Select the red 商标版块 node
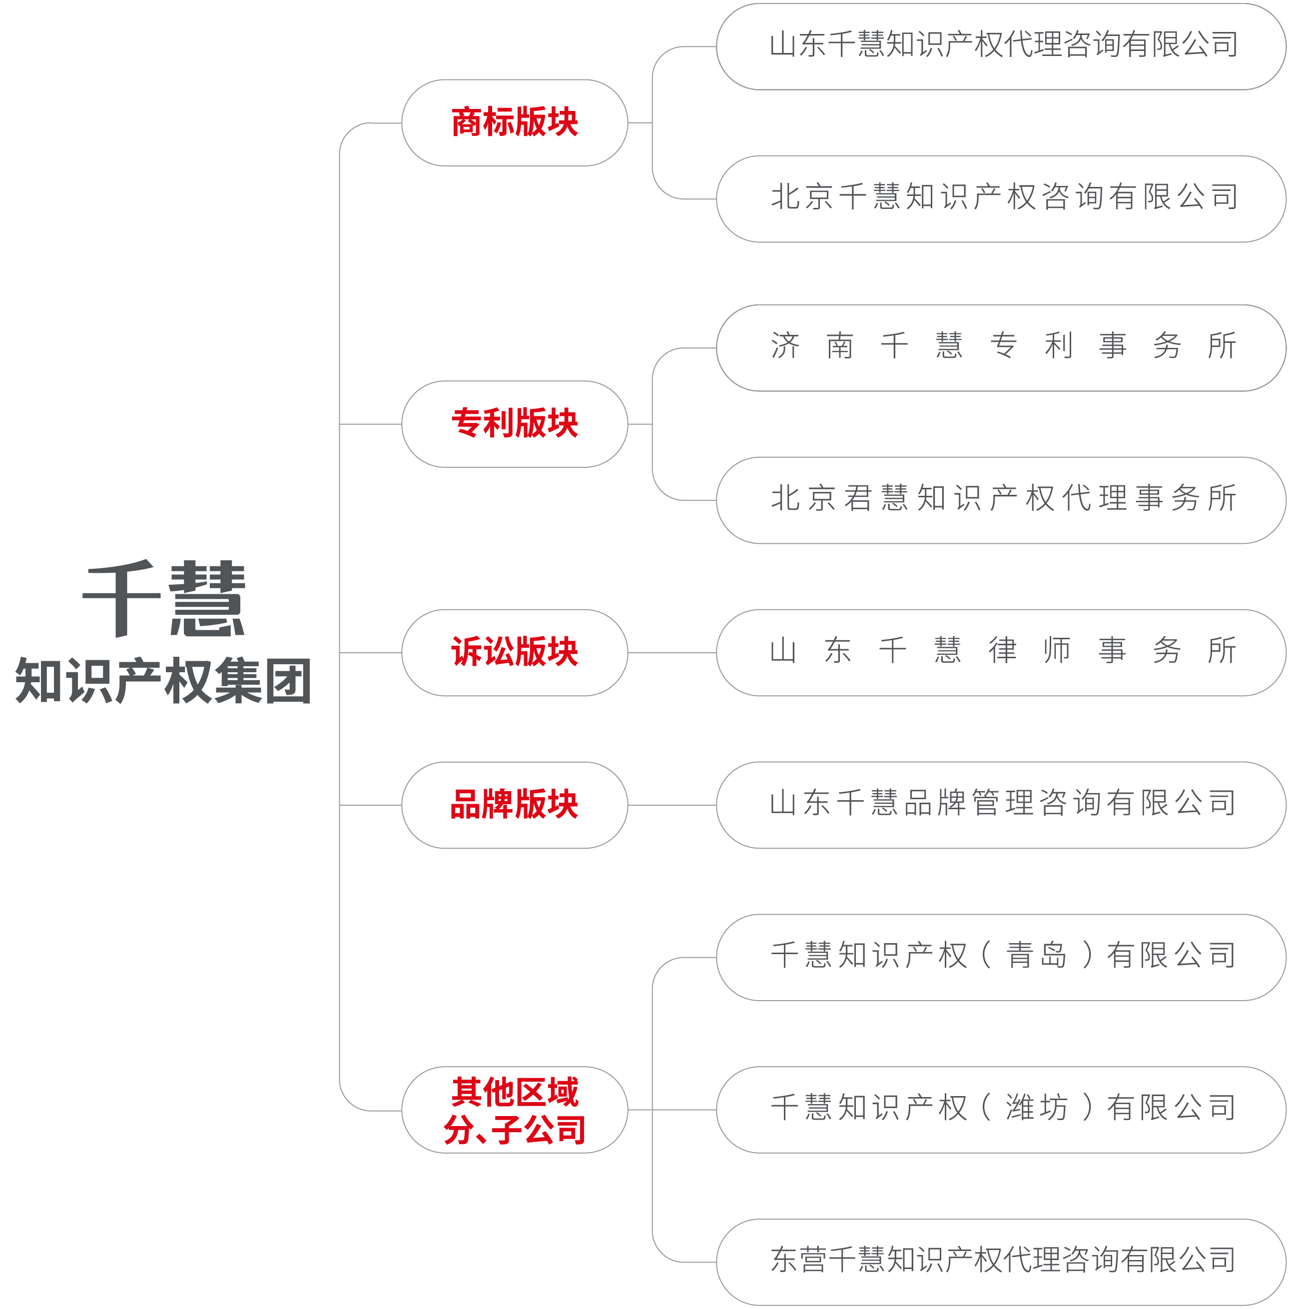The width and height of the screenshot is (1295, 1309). tap(515, 122)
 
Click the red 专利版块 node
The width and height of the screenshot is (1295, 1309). tap(515, 424)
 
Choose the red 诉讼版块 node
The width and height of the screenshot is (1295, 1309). tap(515, 652)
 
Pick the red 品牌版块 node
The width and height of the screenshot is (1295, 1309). tap(515, 805)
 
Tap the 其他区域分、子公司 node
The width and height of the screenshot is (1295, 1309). tap(515, 1110)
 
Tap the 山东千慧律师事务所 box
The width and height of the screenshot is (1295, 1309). tap(1001, 652)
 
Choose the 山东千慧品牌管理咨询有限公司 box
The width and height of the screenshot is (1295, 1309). tap(1001, 805)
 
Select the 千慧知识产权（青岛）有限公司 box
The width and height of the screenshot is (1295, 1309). tap(1001, 957)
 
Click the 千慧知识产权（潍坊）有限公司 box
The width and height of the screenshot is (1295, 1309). tap(1001, 1110)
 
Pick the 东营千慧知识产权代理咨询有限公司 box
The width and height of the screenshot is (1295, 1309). tap(1001, 1262)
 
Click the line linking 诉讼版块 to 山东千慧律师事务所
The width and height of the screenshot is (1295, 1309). tap(672, 652)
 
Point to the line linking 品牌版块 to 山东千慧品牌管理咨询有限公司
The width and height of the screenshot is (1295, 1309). tap(672, 805)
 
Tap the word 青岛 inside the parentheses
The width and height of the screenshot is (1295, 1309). tap(1037, 955)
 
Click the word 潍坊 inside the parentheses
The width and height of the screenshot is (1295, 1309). tap(1037, 1108)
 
